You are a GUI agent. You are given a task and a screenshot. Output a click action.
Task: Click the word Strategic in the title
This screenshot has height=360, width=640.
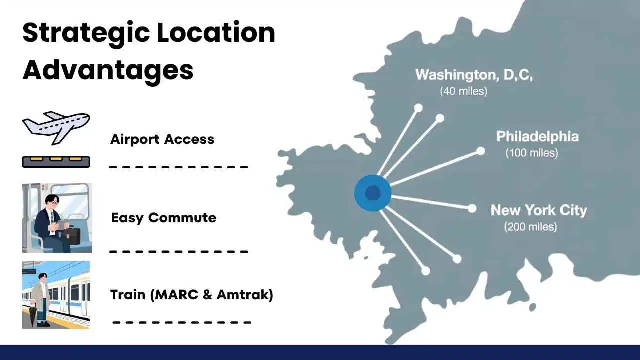click(86, 33)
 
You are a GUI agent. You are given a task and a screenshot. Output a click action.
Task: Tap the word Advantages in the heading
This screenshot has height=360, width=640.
click(108, 70)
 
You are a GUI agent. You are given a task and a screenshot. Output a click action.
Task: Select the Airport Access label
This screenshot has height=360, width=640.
click(162, 139)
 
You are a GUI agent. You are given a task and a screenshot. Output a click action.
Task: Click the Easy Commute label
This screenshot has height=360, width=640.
click(163, 218)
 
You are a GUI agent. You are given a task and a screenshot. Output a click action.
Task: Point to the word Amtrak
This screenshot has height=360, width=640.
click(245, 295)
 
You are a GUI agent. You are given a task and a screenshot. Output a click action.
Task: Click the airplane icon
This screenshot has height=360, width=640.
click(56, 128)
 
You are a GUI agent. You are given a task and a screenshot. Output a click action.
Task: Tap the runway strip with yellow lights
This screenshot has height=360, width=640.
click(56, 162)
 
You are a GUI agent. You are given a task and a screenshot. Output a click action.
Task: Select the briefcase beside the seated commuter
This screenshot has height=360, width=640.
click(71, 235)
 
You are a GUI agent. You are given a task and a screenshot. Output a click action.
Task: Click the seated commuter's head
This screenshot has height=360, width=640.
click(51, 202)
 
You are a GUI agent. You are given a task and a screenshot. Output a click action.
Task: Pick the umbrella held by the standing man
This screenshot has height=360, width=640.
click(33, 314)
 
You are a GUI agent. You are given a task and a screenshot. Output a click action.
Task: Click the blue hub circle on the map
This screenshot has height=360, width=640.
click(373, 193)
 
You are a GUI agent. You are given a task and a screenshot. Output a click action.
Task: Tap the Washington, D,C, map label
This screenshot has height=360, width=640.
click(474, 75)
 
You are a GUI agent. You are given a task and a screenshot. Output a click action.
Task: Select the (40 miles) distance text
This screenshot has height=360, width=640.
click(463, 91)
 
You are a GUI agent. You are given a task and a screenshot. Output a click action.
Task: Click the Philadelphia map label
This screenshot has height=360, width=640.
click(537, 136)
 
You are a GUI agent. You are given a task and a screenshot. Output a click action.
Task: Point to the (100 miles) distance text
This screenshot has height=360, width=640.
click(532, 153)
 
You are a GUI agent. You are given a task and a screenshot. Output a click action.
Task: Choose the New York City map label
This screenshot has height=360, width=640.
click(539, 210)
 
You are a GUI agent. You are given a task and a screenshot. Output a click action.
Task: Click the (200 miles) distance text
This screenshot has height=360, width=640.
click(530, 227)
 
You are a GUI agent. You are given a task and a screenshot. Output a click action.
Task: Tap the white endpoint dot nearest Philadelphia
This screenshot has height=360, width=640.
click(481, 151)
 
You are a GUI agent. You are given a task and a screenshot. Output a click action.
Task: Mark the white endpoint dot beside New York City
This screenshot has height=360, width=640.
click(472, 209)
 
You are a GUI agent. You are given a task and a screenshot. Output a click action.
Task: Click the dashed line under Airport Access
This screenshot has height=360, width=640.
click(179, 167)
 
